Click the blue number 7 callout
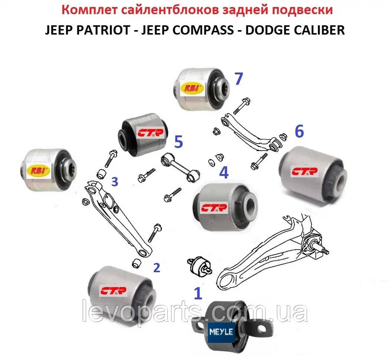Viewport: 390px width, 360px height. pyautogui.click(x=238, y=78)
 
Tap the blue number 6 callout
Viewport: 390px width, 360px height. pyautogui.click(x=299, y=131)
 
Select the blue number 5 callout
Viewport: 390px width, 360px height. pyautogui.click(x=179, y=142)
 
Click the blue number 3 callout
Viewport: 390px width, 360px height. pyautogui.click(x=115, y=182)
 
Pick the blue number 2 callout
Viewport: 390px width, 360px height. pyautogui.click(x=156, y=268)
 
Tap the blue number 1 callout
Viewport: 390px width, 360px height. pyautogui.click(x=198, y=293)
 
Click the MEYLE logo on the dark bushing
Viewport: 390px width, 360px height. pyautogui.click(x=221, y=332)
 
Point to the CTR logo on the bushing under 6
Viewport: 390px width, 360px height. pyautogui.click(x=305, y=171)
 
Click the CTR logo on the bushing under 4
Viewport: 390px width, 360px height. pyautogui.click(x=214, y=208)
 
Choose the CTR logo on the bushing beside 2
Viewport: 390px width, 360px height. pyautogui.click(x=113, y=290)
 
